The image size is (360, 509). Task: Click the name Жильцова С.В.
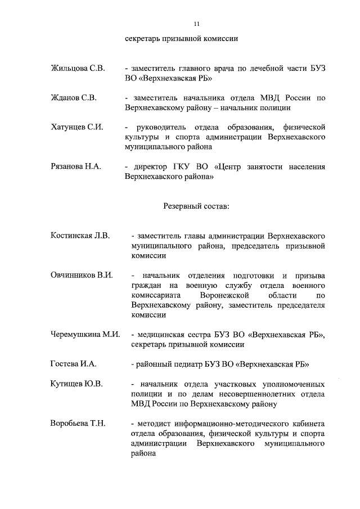(78, 69)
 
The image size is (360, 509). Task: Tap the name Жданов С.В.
(74, 98)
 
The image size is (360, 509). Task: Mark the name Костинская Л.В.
(80, 235)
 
